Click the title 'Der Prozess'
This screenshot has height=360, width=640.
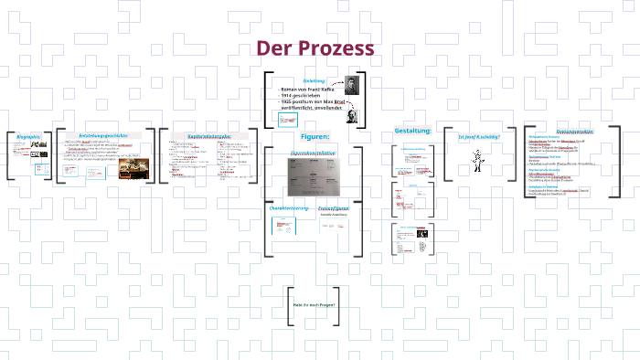[x=315, y=48]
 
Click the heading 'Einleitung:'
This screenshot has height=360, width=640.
[x=315, y=80]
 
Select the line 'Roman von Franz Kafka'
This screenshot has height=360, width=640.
[x=308, y=90]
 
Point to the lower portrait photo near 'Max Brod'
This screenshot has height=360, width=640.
[x=352, y=115]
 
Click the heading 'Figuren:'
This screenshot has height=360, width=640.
[x=315, y=136]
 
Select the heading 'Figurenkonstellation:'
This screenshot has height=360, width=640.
[x=314, y=153]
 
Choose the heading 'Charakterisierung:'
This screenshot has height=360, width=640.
[x=286, y=209]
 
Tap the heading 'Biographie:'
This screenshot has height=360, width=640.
[x=28, y=137]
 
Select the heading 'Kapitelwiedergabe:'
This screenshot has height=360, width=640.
[x=210, y=135]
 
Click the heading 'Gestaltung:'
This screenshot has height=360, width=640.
[x=412, y=131]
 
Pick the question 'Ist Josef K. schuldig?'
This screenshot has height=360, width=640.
[x=478, y=136]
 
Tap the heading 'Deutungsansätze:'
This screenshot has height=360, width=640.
[x=575, y=132]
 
